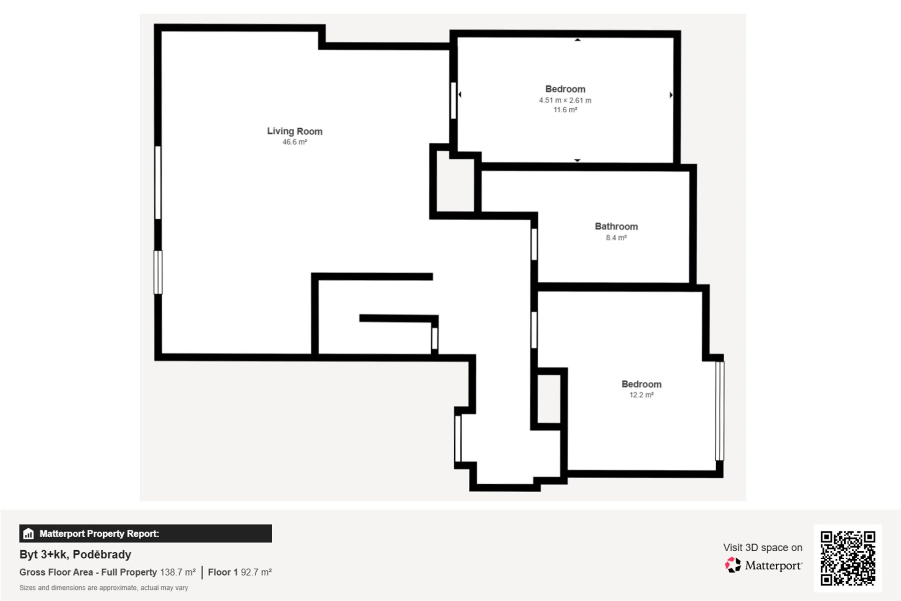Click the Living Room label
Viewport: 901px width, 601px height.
(295, 131)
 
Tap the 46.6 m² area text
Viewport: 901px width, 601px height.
(295, 142)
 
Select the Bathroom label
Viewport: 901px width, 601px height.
(616, 226)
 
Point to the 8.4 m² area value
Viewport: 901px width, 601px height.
(616, 238)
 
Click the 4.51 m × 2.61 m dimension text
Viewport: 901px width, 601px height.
(565, 100)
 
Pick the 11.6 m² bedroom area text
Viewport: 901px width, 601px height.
(565, 110)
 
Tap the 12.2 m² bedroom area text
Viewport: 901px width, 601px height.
(641, 395)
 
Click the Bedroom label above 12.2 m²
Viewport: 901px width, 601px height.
(641, 384)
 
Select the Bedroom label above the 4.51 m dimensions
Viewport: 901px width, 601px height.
(565, 89)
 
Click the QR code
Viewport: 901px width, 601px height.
(848, 558)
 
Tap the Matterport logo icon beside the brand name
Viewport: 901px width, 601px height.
(733, 565)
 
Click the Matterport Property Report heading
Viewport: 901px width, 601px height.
(99, 534)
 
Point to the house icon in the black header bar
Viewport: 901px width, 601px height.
(29, 534)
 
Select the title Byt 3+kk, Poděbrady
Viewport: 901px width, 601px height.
(75, 555)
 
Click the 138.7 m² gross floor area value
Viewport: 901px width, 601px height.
(178, 572)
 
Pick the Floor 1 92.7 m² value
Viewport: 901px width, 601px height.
(240, 572)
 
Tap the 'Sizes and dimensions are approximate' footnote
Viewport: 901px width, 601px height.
(104, 588)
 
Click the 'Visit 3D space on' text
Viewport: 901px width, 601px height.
(763, 547)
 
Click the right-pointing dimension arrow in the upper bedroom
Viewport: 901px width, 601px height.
(671, 95)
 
